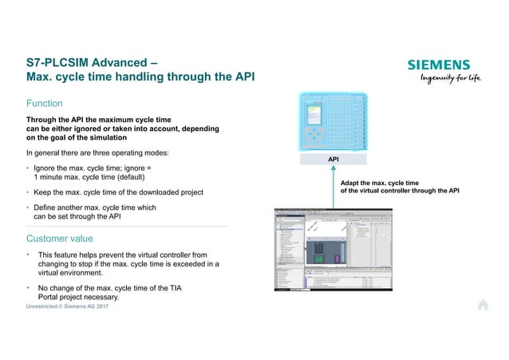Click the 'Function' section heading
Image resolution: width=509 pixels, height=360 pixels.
[45, 103]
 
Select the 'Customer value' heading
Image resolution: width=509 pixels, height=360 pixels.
[60, 238]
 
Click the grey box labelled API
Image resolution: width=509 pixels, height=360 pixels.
[334, 160]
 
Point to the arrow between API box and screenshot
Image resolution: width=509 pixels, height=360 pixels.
[334, 188]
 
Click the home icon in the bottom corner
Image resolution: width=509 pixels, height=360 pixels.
[483, 304]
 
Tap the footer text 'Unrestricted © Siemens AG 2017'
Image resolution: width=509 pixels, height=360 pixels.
[68, 307]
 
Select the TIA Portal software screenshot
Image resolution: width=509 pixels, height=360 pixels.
[333, 249]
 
